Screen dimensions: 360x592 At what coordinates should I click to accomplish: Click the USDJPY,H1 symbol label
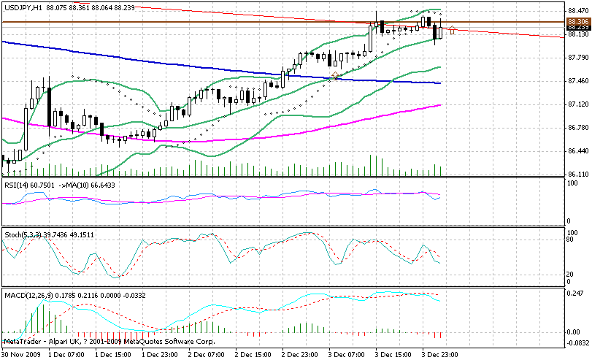click(23, 7)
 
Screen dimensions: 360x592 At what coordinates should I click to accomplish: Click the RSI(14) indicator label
click(15, 185)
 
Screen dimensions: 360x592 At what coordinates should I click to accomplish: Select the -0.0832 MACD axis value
click(577, 342)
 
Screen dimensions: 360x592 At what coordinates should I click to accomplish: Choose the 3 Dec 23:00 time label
click(442, 354)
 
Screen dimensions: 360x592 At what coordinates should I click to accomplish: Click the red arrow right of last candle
click(453, 30)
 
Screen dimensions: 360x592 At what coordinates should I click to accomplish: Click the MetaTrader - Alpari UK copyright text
click(109, 341)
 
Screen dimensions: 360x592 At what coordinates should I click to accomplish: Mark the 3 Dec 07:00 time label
click(348, 354)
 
